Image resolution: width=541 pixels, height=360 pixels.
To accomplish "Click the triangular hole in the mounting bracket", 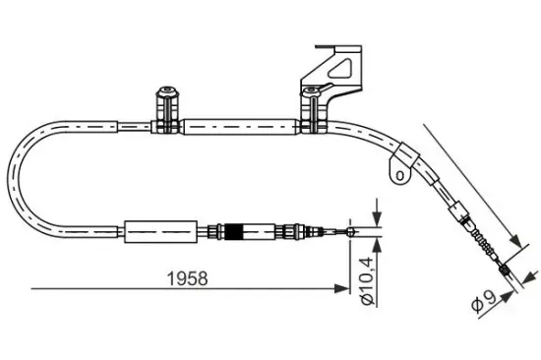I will click(x=344, y=69).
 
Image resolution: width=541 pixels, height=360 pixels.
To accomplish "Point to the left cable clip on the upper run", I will click(x=165, y=103).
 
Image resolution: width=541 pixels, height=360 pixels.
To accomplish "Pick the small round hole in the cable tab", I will click(x=399, y=174).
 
